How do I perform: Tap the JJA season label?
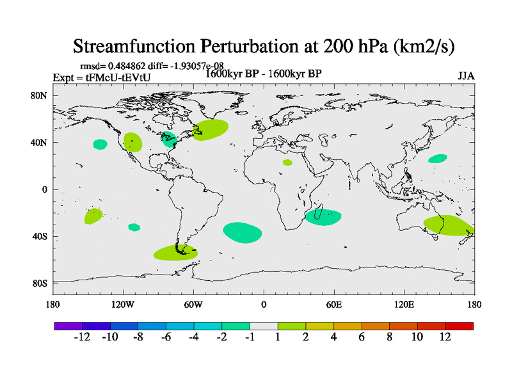[466, 76]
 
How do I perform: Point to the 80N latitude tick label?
[40, 95]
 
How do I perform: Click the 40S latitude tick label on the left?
[40, 237]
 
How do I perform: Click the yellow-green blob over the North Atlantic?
[211, 130]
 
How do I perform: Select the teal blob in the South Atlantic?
[243, 232]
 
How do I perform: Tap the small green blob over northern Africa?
[287, 163]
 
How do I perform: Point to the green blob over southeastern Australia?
[448, 225]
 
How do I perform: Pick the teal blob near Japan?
[438, 158]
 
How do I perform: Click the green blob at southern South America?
[175, 253]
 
